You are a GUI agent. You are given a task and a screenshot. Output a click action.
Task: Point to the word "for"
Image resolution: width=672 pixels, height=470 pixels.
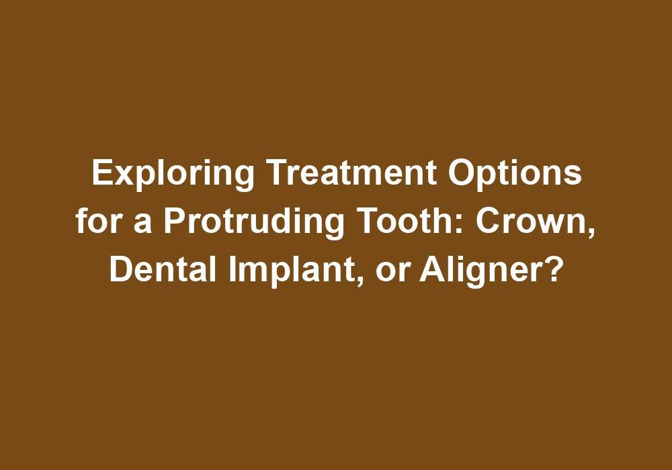pyautogui.click(x=96, y=222)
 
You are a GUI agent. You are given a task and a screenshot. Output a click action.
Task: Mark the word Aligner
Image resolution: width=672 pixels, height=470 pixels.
pyautogui.click(x=487, y=270)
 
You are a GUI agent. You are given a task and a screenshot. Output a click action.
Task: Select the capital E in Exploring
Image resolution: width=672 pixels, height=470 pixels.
pyautogui.click(x=100, y=175)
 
